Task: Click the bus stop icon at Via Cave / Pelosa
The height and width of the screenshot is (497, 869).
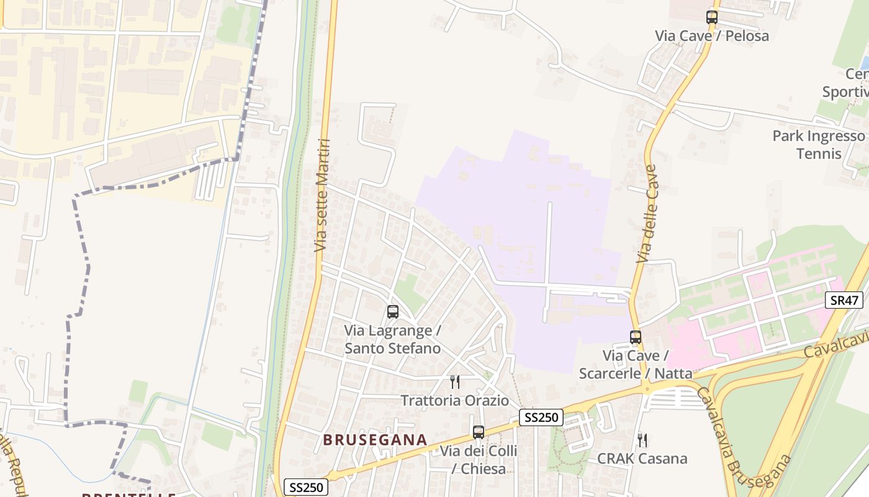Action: (x=712, y=17)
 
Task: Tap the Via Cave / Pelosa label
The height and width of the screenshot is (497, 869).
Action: (x=712, y=36)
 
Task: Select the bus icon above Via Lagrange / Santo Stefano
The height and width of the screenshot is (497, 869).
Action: (x=393, y=312)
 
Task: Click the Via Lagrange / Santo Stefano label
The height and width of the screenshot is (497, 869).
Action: (x=393, y=339)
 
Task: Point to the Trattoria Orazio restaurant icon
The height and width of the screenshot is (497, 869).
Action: (x=455, y=381)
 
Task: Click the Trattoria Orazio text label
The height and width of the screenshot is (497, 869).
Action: (x=455, y=401)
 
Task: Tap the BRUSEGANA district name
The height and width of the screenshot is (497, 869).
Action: (x=375, y=440)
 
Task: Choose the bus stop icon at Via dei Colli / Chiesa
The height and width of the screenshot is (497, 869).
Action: (x=479, y=432)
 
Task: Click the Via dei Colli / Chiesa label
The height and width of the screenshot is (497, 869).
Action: (x=479, y=460)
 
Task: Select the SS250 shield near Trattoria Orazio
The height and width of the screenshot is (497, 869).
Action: (x=541, y=417)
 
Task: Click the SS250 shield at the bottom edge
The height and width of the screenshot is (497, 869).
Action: (x=306, y=487)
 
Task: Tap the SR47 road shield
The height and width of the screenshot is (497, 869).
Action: (x=845, y=301)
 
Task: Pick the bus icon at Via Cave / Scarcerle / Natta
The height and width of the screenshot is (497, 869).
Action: (x=636, y=337)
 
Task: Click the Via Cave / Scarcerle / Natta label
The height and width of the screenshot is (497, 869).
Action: (x=636, y=365)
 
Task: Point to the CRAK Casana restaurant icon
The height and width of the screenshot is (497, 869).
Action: (x=642, y=440)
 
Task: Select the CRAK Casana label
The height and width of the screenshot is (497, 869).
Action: (x=642, y=459)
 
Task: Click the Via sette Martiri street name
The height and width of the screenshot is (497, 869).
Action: (x=321, y=196)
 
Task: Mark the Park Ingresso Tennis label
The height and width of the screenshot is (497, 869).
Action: (x=819, y=145)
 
